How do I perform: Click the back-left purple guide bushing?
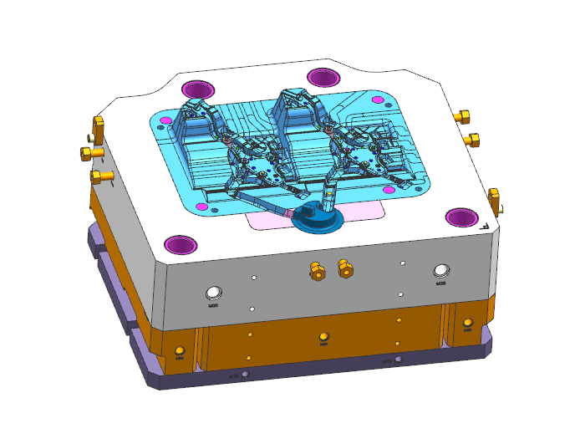(199, 89)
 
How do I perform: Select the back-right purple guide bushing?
(323, 77)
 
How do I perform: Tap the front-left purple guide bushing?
(180, 244)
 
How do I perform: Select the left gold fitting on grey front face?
(316, 269)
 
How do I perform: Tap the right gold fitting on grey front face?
(343, 268)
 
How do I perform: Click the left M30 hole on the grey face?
(214, 292)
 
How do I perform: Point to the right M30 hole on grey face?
(441, 270)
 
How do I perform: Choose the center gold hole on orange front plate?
(323, 338)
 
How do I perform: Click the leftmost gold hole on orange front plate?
(179, 350)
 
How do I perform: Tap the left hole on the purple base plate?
(244, 374)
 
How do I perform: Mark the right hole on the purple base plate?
(398, 359)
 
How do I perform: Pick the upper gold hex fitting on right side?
(464, 116)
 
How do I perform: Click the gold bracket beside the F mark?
(494, 201)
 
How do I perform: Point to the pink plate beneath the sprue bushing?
(276, 220)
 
